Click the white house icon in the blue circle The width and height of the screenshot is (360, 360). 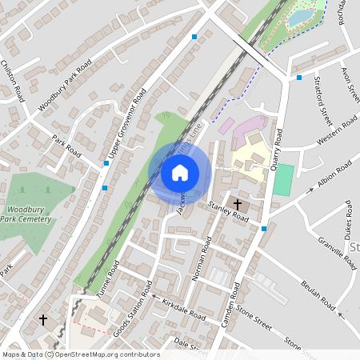pyautogui.click(x=179, y=172)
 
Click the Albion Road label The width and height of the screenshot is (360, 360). pyautogui.click(x=334, y=174)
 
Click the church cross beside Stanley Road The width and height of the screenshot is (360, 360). pyautogui.click(x=238, y=205)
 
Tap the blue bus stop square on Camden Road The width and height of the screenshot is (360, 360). pyautogui.click(x=264, y=229)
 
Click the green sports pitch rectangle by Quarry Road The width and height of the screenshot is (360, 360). pyautogui.click(x=282, y=180)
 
